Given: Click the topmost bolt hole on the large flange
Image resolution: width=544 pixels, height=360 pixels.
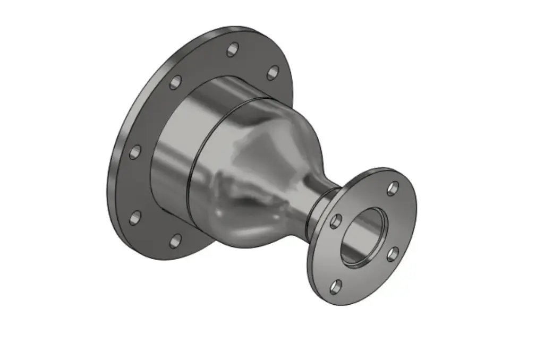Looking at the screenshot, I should coord(232,50).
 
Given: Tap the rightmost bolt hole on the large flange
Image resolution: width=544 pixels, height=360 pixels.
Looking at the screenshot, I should coord(273,73).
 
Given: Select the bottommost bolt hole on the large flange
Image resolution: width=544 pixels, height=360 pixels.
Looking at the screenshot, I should coord(176,242).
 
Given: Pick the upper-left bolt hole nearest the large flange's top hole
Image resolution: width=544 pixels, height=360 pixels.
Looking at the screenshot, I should coord(175,82).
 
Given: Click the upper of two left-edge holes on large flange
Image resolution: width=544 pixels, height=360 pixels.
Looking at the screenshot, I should coord(135,152).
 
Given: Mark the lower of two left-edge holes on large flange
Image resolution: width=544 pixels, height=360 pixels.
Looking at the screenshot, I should coord(135,217).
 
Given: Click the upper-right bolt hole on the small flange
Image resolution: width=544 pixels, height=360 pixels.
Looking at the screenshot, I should coord(393,188).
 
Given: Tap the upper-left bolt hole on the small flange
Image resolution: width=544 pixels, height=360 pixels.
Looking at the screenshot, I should coord(335,221).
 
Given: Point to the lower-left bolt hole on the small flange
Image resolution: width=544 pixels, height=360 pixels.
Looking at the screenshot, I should coord(335,287).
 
